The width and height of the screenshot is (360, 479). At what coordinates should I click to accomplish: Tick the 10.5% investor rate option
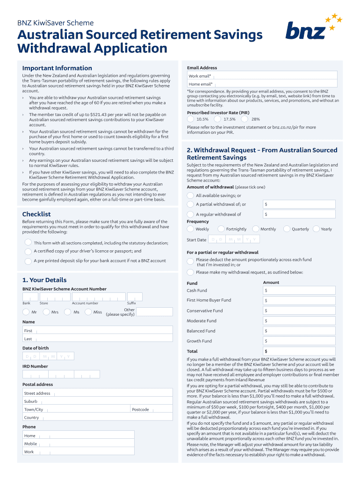click(191, 119)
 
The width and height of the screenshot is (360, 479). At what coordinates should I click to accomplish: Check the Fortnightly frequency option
click(221, 229)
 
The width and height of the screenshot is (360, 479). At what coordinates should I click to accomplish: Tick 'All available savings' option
click(191, 196)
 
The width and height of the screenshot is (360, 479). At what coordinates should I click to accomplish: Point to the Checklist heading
click(36, 214)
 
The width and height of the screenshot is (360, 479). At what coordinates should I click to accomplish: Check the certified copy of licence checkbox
click(28, 251)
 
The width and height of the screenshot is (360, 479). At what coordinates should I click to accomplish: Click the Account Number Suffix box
click(135, 297)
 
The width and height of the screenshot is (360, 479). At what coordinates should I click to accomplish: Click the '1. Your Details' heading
click(44, 280)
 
